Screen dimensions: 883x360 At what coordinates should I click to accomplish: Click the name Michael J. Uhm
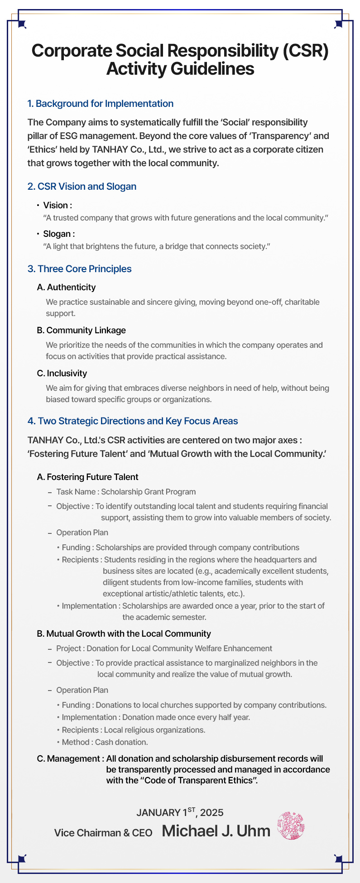point(216,831)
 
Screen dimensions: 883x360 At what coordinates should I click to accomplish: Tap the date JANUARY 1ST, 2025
point(180,812)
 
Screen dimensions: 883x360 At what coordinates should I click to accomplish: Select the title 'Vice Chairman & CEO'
point(103,833)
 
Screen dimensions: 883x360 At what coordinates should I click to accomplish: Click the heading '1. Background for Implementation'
point(100,104)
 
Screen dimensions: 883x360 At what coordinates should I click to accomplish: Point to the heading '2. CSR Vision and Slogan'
point(82,187)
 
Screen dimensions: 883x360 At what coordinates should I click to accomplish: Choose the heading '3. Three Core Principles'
point(79,269)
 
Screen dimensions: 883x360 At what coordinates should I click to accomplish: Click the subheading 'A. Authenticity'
point(66,288)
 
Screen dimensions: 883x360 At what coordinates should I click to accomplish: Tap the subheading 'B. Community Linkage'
point(81,331)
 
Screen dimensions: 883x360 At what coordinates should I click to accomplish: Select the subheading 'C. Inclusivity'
point(62,374)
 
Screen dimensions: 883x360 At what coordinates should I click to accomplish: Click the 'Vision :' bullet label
point(58,206)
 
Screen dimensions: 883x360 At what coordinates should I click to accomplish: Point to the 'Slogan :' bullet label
point(59,234)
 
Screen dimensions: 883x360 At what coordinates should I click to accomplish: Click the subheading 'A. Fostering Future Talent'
point(87,477)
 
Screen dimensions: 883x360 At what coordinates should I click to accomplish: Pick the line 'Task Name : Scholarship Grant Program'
point(126,492)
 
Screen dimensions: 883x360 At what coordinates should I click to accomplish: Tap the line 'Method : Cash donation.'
point(105,742)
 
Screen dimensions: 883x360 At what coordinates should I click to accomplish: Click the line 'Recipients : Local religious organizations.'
point(133,730)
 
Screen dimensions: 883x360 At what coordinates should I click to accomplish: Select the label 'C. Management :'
point(70,758)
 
